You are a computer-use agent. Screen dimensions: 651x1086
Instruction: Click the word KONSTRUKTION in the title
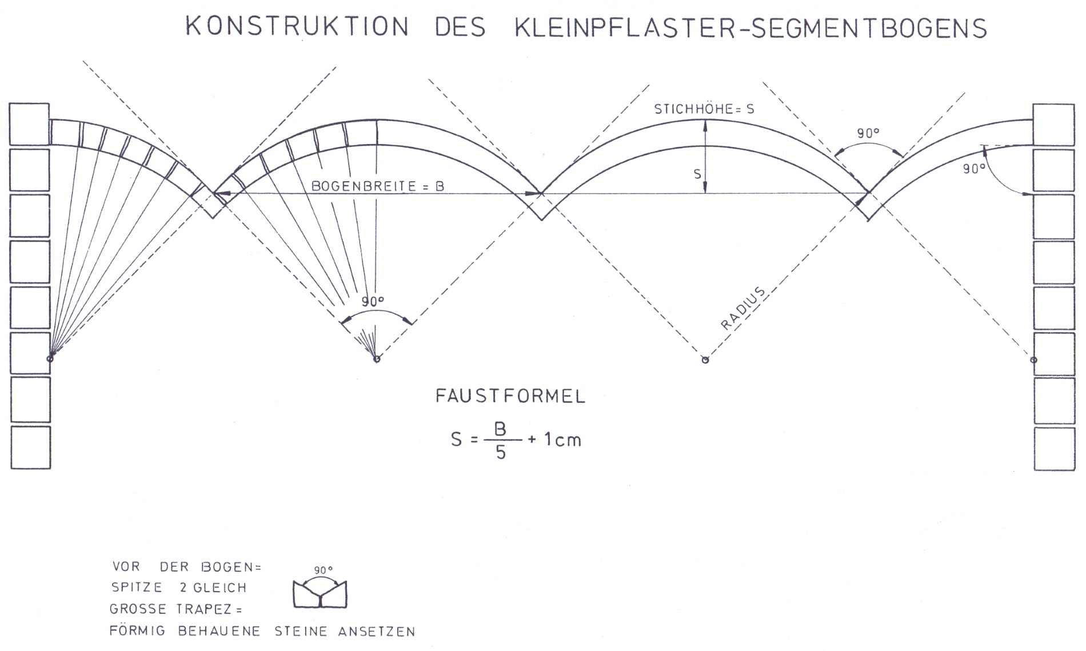click(297, 27)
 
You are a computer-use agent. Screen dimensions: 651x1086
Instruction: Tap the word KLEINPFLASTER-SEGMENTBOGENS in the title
click(750, 29)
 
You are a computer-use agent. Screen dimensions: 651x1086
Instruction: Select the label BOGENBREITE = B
click(377, 186)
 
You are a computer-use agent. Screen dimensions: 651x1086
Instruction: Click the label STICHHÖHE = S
click(704, 109)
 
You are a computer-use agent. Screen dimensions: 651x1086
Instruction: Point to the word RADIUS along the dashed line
click(742, 309)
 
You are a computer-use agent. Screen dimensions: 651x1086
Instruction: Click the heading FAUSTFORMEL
click(510, 397)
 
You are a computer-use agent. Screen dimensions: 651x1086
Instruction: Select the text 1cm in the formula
click(562, 440)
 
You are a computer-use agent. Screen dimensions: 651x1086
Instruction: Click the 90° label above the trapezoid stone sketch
click(324, 570)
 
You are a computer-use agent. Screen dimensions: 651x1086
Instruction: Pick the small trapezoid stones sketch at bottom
click(320, 594)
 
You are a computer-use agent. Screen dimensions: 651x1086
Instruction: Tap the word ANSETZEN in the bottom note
click(377, 632)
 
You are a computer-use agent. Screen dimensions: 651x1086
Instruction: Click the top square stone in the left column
click(30, 124)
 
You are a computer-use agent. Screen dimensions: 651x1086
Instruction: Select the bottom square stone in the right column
click(1055, 449)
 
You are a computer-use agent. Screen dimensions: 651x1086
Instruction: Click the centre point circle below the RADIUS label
click(705, 360)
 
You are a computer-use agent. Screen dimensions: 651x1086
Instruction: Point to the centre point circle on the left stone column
click(50, 358)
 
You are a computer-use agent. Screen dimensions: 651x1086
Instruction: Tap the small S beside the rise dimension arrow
click(697, 174)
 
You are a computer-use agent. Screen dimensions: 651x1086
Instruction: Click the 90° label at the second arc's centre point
click(373, 302)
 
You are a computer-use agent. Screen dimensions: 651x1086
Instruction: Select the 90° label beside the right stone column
click(974, 169)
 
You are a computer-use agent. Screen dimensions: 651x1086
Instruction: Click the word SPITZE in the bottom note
click(137, 588)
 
